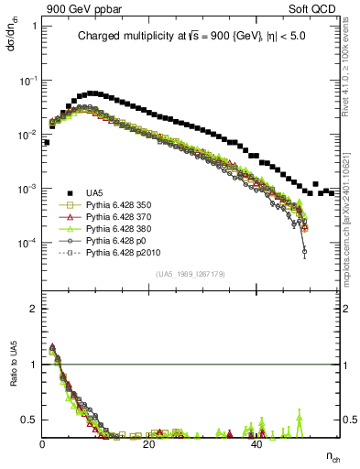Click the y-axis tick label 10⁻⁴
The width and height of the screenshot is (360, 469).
pos(27,243)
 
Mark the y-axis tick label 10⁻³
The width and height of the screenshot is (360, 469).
pos(27,189)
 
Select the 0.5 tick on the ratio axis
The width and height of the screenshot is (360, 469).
pos(29,420)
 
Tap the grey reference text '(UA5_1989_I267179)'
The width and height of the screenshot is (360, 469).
pos(191,274)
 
